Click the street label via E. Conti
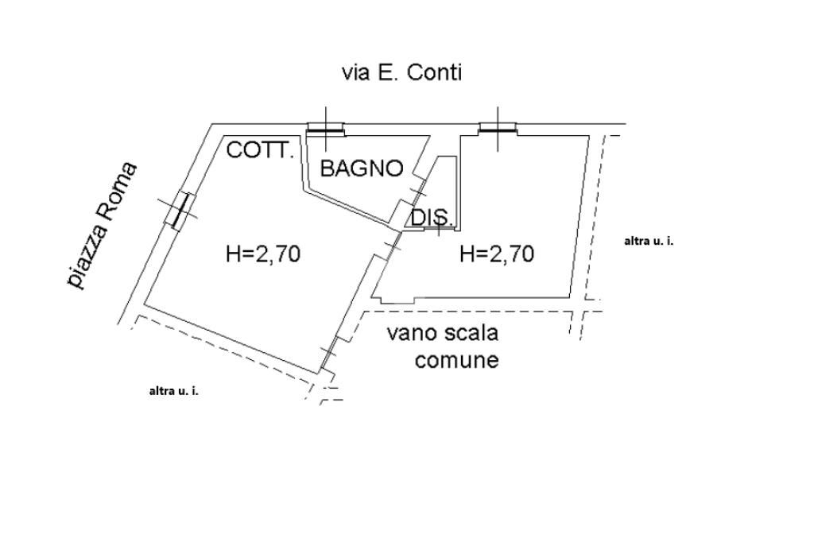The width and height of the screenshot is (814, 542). point(401,72)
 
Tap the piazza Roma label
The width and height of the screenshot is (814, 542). point(103,226)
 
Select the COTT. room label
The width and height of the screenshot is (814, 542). point(261,150)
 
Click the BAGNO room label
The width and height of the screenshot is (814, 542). point(362,168)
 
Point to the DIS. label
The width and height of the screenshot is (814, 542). point(432,218)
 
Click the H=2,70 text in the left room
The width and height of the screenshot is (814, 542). point(263,254)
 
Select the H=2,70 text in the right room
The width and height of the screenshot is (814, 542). point(497,254)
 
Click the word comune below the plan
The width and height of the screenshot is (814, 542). point(457,360)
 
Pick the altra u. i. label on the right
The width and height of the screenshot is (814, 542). point(649,241)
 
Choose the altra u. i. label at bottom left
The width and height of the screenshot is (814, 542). point(173,392)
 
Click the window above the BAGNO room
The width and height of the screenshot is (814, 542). point(325,128)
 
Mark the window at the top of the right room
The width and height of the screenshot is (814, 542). point(498,128)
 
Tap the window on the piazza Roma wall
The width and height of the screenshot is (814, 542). point(180,209)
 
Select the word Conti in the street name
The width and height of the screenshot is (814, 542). point(434,72)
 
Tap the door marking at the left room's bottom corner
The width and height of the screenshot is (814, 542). point(328,355)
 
